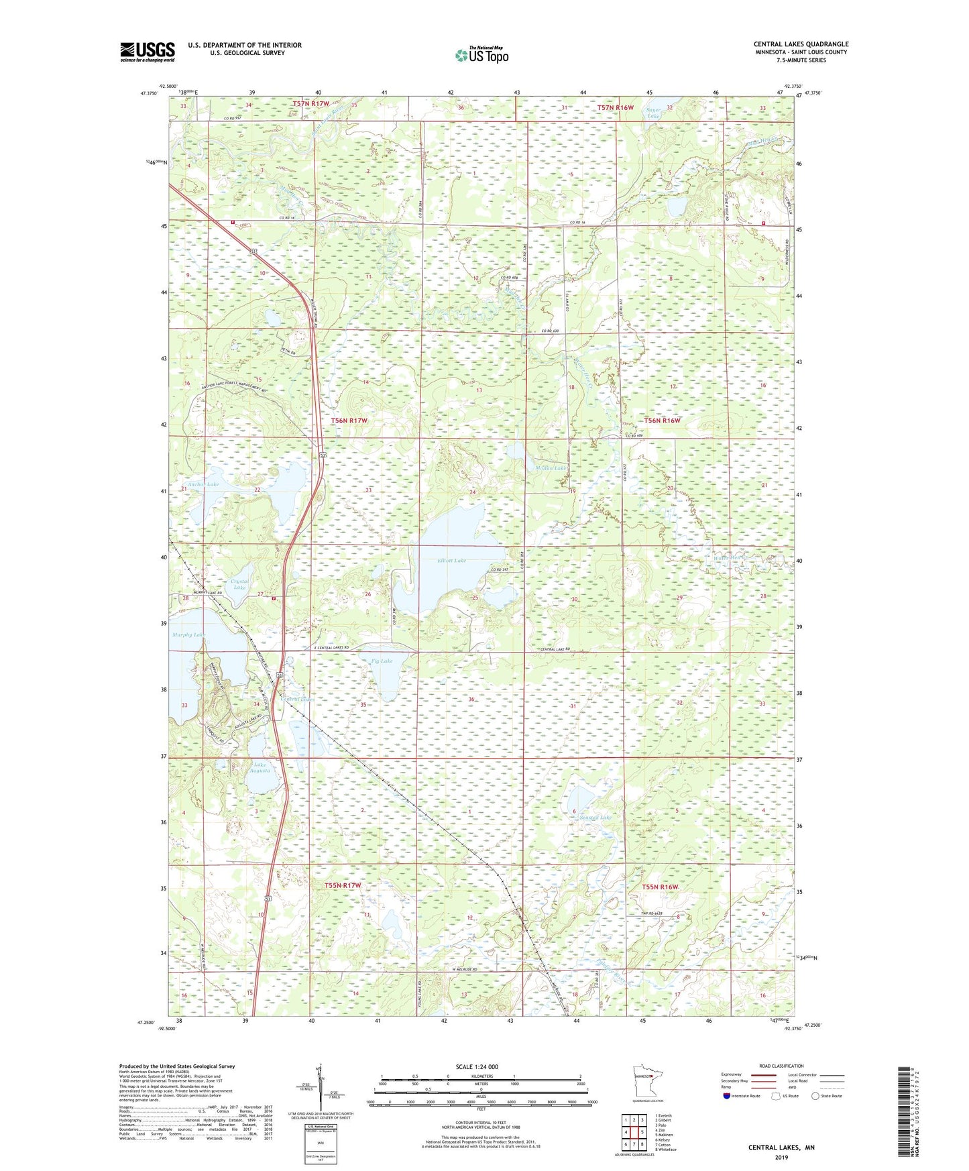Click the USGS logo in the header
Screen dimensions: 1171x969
(x=147, y=52)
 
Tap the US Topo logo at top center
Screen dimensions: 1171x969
(x=481, y=55)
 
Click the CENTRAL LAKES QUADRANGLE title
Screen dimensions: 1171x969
(x=800, y=44)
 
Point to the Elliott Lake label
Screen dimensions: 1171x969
(x=451, y=561)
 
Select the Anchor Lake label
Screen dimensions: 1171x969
(x=203, y=484)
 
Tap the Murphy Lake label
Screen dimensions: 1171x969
(x=188, y=634)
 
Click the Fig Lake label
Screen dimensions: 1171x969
(x=382, y=661)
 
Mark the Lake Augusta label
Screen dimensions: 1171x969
(x=260, y=767)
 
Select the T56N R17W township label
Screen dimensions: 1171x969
(x=349, y=421)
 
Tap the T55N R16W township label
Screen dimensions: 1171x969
(x=661, y=887)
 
